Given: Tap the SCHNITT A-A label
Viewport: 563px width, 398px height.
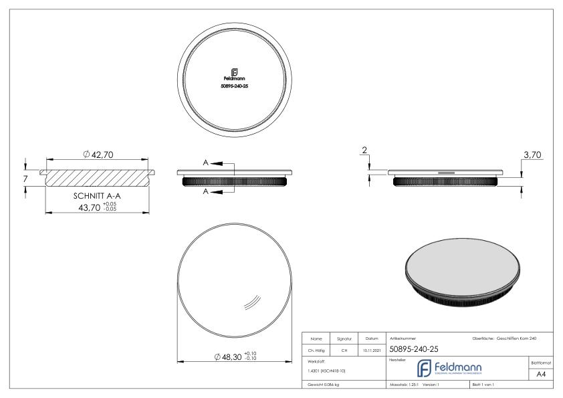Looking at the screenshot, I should [97, 198].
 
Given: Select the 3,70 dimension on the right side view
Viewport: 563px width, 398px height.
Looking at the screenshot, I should [532, 155].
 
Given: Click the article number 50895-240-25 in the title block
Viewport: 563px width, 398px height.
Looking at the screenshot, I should [413, 348].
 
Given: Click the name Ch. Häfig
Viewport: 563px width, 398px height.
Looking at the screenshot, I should [317, 349].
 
